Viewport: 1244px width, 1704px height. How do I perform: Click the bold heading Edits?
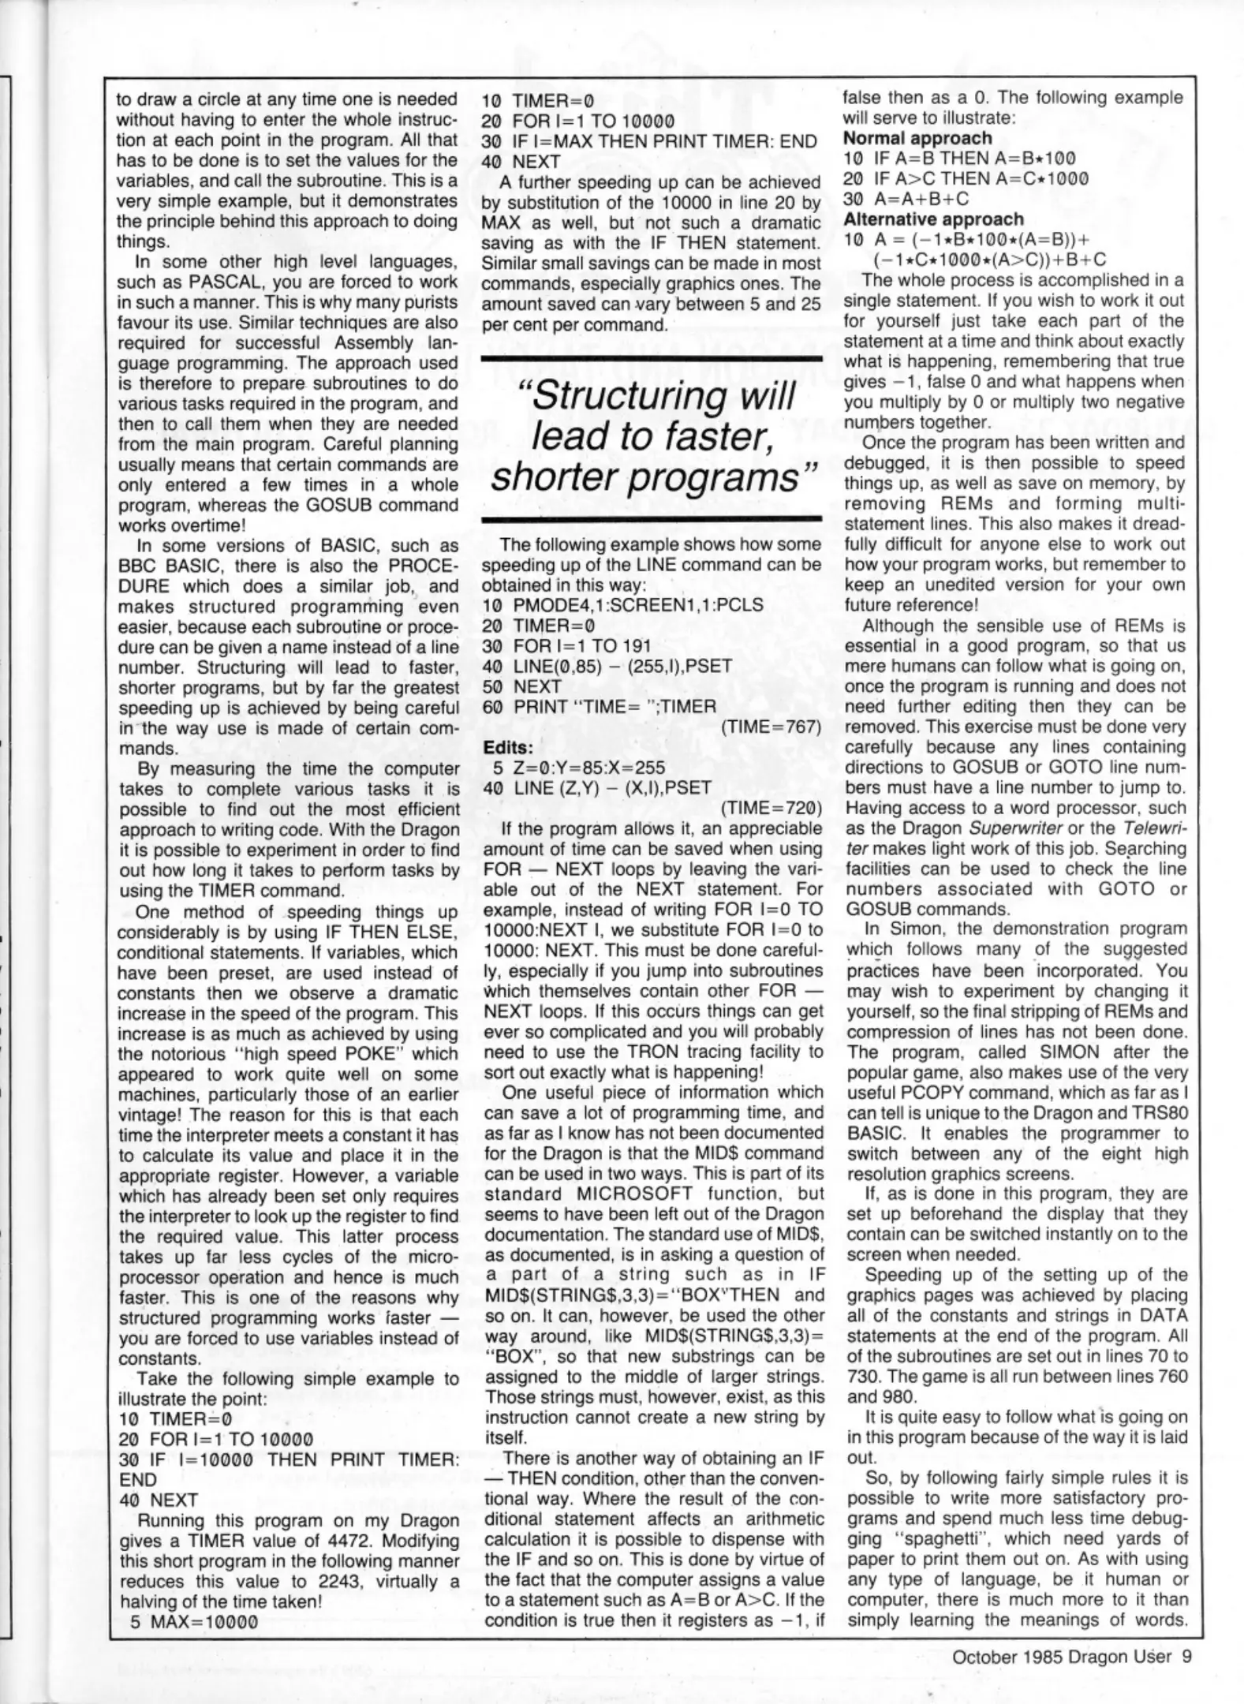tap(507, 746)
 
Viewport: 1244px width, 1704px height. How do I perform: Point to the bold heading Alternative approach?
tap(933, 219)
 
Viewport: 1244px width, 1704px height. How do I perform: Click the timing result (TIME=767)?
tap(771, 727)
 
